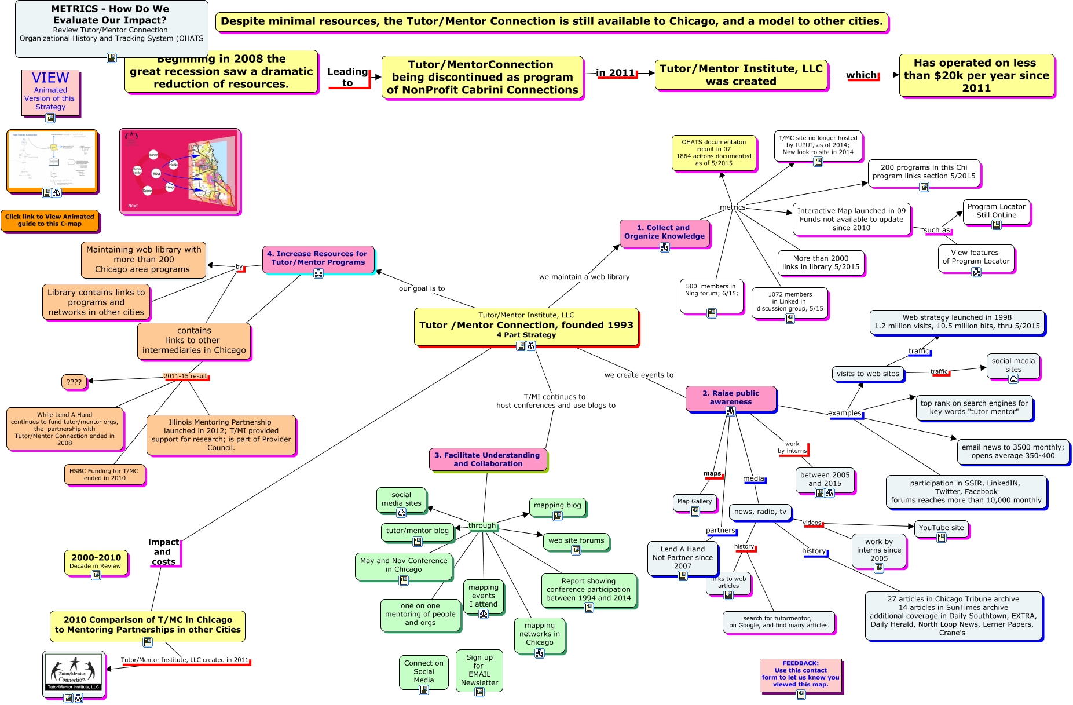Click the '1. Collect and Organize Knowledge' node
pos(664,232)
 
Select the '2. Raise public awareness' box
pos(731,397)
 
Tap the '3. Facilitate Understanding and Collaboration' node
pos(487,459)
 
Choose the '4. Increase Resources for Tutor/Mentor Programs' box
pos(318,258)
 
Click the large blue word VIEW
pos(50,78)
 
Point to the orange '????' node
pos(74,382)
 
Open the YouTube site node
pos(941,528)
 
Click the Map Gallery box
pos(694,502)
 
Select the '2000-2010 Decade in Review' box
pos(96,561)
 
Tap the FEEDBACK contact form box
pos(800,674)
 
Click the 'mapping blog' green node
pos(557,506)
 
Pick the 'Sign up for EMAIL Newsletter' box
pos(479,670)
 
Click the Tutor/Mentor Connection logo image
pos(74,672)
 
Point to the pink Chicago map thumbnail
pos(180,171)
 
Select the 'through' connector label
pos(482,525)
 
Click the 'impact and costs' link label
pos(163,552)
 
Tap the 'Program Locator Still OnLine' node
pos(996,211)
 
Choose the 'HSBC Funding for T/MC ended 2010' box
pos(104,474)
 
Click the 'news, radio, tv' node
pos(760,512)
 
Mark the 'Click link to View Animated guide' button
pos(50,220)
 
